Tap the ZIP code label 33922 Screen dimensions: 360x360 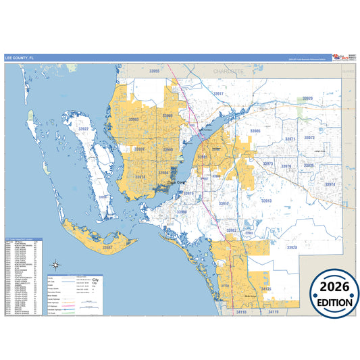83,128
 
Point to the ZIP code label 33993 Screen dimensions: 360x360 133,120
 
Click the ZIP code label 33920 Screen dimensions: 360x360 307,99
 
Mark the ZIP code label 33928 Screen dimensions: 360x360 290,248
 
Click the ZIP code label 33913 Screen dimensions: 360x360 265,201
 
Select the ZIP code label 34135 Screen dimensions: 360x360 266,288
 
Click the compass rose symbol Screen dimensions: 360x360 57,266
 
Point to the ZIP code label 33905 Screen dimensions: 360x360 255,130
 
